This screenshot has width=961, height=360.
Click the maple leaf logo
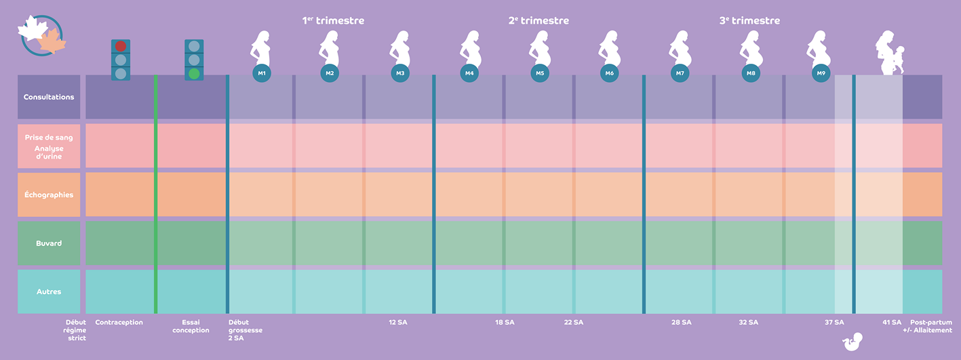pos(42,36)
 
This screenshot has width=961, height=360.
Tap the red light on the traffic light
pos(121,46)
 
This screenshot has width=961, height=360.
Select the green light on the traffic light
pos(195,73)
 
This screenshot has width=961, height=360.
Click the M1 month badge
pos(262,73)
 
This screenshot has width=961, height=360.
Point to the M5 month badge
pos(540,73)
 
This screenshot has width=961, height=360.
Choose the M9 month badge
pos(821,73)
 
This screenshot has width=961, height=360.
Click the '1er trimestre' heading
pos(333,20)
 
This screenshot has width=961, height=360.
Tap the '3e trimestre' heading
pos(749,20)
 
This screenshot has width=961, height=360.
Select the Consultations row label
pos(49,97)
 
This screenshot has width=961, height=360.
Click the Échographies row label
pos(49,195)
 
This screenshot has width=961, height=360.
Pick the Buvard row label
pos(49,243)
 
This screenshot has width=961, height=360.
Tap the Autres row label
pos(49,292)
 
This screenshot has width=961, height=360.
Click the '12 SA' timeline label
pos(397,322)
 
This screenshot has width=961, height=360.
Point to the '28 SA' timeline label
pos(682,322)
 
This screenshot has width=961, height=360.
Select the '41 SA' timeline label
pos(892,322)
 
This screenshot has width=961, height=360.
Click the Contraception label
pos(119,322)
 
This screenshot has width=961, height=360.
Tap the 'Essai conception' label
pos(191,326)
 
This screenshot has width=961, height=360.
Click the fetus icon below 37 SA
pos(850,344)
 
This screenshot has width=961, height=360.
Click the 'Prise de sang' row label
pos(49,138)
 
